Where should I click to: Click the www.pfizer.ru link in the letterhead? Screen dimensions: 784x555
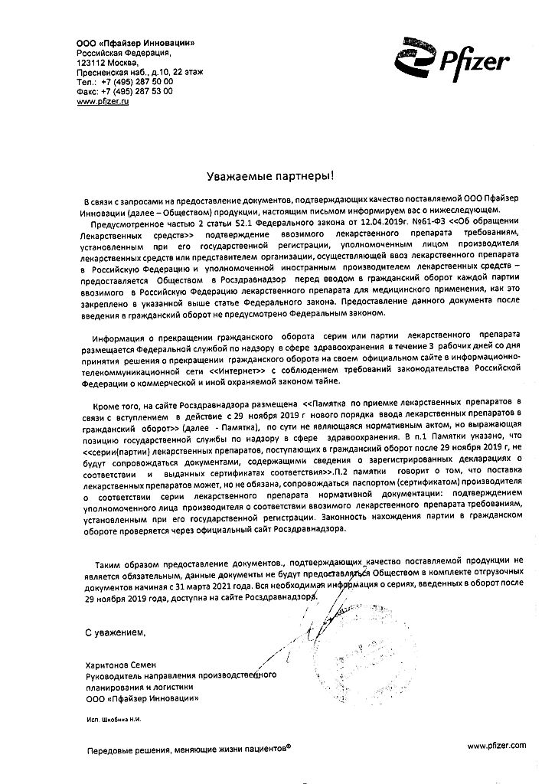[103, 101]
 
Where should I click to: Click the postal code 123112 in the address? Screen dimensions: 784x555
[93, 61]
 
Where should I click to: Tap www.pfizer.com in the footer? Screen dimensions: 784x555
[496, 745]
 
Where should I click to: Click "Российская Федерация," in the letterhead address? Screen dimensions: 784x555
[119, 51]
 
